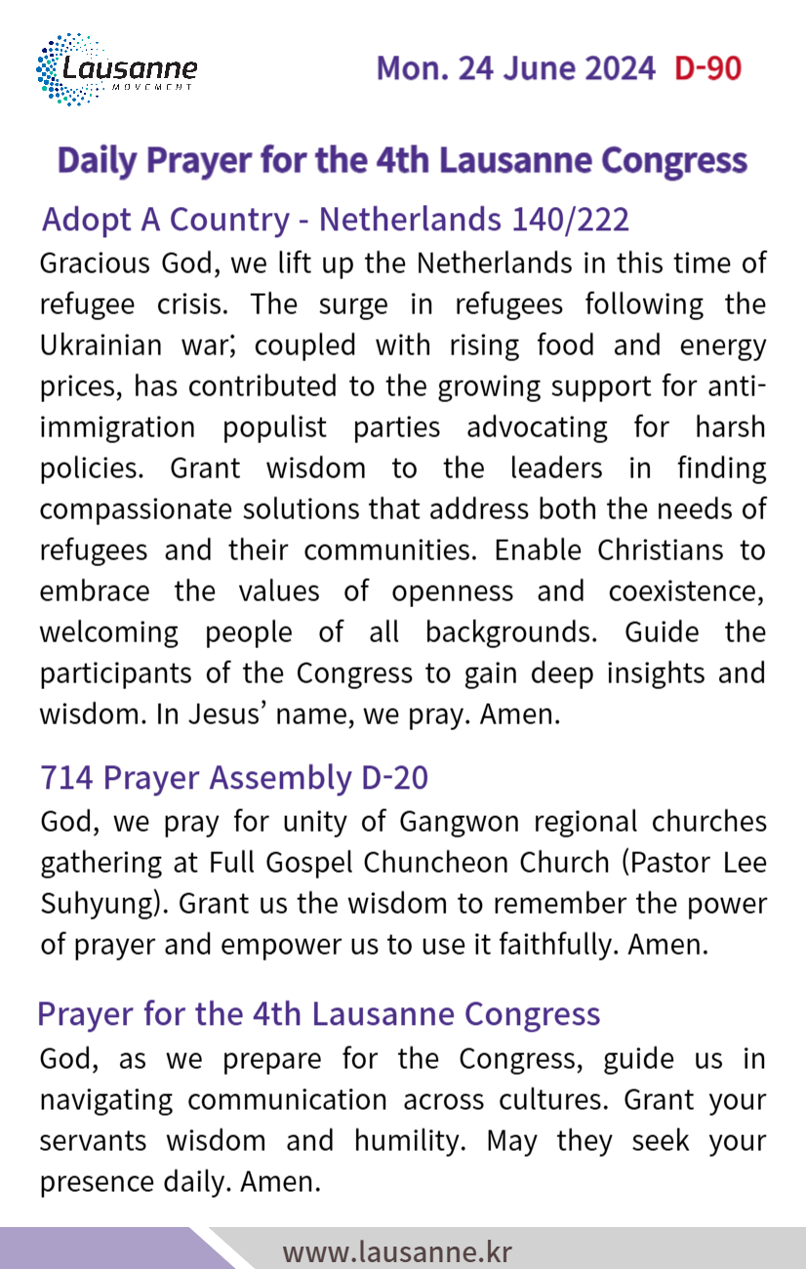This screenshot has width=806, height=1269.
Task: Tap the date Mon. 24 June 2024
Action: coord(515,68)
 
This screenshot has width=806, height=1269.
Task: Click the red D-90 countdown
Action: coord(707,68)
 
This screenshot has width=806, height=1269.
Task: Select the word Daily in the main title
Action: coord(97,161)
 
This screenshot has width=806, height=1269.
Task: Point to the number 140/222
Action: coord(570,220)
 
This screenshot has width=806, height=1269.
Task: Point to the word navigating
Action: coord(105,1100)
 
